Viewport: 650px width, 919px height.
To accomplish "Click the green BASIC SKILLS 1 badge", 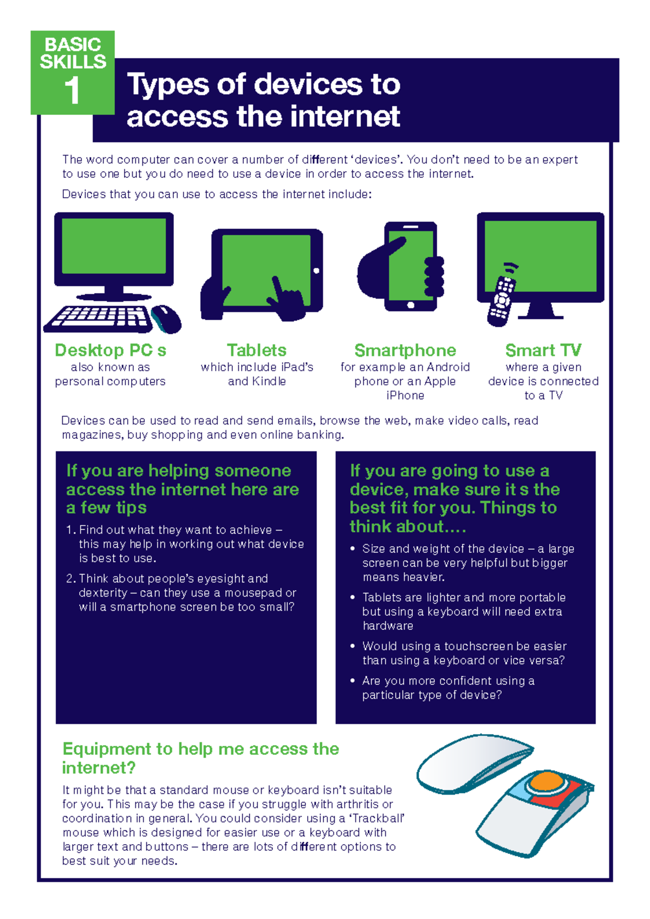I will click(x=72, y=72).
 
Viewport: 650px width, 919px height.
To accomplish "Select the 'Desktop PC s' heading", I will click(x=110, y=351).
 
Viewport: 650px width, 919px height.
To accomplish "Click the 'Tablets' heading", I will click(x=257, y=351).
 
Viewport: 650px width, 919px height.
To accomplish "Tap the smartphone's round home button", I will click(x=411, y=305).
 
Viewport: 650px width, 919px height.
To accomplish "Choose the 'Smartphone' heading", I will click(x=405, y=351).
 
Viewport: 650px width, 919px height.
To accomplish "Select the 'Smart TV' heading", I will click(x=543, y=351).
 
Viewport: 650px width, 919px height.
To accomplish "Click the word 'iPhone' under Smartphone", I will click(x=405, y=396).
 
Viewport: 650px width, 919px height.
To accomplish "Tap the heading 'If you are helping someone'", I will click(x=179, y=470).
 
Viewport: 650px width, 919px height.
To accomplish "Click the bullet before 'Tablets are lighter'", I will click(x=353, y=597).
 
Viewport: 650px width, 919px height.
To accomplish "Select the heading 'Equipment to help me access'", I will click(x=200, y=749).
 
